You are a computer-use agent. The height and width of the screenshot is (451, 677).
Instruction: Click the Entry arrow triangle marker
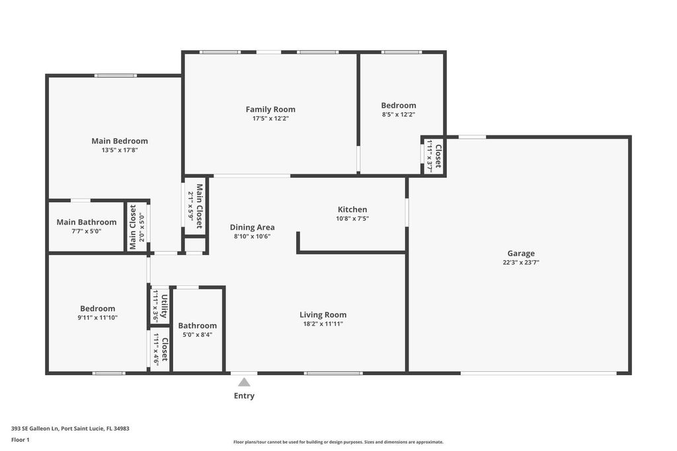tap(244, 382)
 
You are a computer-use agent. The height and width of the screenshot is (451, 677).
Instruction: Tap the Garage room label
tap(521, 253)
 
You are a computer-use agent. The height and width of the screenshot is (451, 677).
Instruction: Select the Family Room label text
tap(270, 109)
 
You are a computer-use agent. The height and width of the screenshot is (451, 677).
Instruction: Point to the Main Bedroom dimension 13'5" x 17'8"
tap(120, 151)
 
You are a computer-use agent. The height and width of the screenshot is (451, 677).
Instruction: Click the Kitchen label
tap(352, 209)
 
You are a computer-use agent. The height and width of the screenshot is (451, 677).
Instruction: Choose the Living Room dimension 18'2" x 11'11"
tap(323, 324)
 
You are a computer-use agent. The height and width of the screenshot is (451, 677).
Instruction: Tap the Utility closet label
tap(164, 306)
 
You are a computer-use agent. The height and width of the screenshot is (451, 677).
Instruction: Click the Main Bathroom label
tap(87, 222)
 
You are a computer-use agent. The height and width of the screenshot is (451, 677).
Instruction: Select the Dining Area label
tap(252, 227)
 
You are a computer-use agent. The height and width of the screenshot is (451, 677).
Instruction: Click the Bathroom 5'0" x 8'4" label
tap(198, 326)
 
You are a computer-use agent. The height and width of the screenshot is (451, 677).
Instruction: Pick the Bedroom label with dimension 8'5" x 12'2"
tap(399, 105)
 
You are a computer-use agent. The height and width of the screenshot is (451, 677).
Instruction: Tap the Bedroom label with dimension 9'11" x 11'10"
tap(98, 308)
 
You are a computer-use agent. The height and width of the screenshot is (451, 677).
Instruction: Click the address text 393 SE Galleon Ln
tap(70, 428)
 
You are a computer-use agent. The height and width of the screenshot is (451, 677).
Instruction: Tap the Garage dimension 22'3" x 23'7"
tap(521, 263)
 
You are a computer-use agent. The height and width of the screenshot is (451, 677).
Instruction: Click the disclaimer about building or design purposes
tap(338, 442)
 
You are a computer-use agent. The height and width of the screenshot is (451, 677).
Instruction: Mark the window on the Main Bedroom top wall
tap(116, 75)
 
